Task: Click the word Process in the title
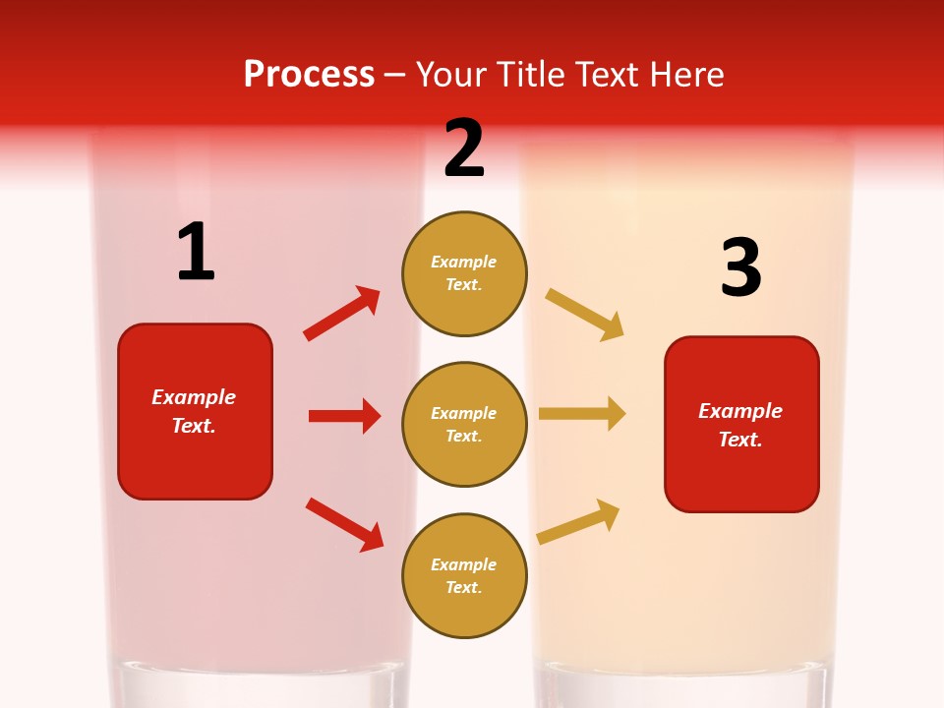(x=309, y=75)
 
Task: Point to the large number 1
(x=196, y=252)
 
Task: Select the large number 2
(x=464, y=148)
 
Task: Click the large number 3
(x=740, y=267)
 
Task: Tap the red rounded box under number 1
(x=195, y=411)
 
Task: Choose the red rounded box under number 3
(x=741, y=424)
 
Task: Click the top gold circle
(x=464, y=273)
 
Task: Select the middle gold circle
(x=464, y=424)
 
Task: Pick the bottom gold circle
(x=464, y=575)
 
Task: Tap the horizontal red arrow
(x=344, y=416)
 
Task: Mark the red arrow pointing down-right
(x=345, y=524)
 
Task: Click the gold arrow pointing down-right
(x=585, y=314)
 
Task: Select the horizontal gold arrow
(x=582, y=414)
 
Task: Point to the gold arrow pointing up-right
(x=578, y=521)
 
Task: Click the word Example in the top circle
(x=464, y=263)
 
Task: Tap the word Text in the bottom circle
(x=462, y=587)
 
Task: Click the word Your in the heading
(x=448, y=75)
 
